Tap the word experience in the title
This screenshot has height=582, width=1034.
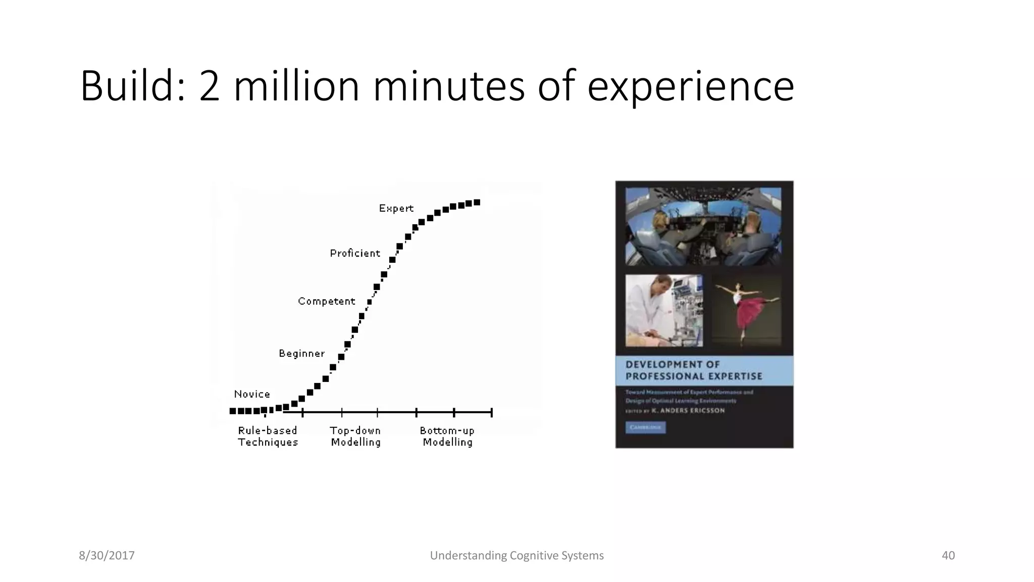(690, 87)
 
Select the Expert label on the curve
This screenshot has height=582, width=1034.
(396, 208)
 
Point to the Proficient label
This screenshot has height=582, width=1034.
(355, 253)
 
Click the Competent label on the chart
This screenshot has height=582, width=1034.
(326, 301)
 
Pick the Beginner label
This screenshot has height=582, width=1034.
(301, 354)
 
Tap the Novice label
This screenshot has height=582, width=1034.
(252, 394)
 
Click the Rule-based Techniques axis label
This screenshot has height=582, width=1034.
(268, 436)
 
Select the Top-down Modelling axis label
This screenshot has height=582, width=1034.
(355, 436)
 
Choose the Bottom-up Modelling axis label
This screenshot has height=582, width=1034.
(447, 436)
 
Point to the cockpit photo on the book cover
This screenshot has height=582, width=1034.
(703, 226)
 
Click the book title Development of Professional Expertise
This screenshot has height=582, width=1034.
(694, 370)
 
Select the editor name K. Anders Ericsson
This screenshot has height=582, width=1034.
(688, 411)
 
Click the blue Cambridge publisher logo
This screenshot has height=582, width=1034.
(645, 427)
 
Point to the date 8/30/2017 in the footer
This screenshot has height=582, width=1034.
(107, 555)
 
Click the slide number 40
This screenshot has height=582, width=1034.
(948, 555)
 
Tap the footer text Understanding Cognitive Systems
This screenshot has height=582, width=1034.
(516, 555)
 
